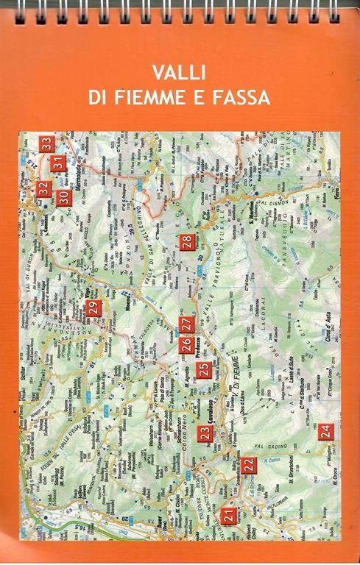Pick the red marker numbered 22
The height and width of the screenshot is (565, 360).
(x=250, y=464)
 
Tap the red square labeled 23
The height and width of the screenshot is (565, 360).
(x=205, y=433)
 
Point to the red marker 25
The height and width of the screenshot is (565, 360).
(x=204, y=370)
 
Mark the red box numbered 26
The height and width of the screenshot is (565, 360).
(x=187, y=344)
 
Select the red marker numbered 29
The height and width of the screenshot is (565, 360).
(x=92, y=309)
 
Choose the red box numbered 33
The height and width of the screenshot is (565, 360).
(x=47, y=143)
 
